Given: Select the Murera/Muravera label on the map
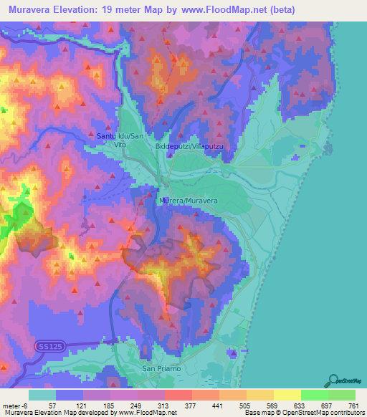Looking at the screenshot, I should coord(189,201).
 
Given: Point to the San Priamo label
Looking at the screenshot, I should coord(157,368).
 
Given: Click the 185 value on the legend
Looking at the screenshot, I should coord(110,406).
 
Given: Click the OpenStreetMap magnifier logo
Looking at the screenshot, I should coord(335,380).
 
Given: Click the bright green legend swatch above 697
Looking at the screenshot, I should coord(314,395).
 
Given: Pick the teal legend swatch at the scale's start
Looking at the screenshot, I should coord(42,395).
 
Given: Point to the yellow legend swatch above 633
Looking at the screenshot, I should coord(287,395).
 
